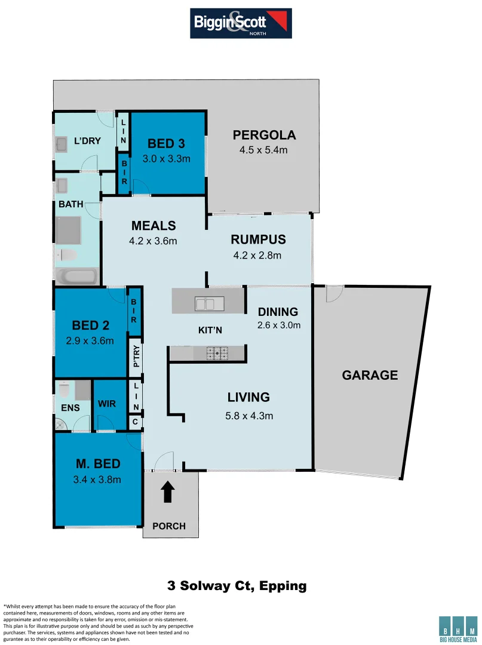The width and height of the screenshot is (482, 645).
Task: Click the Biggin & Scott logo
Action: (x=241, y=23)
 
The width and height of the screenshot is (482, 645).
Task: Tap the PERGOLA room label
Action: (x=264, y=135)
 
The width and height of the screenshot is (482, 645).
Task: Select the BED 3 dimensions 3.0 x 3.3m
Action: (x=166, y=159)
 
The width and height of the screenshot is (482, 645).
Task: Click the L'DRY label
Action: (x=87, y=141)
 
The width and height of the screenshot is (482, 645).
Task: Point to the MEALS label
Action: (x=153, y=226)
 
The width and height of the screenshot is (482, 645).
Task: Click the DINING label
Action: (x=278, y=312)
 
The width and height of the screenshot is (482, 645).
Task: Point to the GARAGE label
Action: (x=370, y=376)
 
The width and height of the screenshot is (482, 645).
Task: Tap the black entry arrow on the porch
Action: (x=168, y=492)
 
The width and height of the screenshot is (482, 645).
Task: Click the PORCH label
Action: (x=168, y=526)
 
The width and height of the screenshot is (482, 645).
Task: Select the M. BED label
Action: (x=98, y=464)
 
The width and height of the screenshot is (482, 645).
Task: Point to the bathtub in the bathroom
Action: (x=76, y=277)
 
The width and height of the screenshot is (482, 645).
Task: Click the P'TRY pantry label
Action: (x=136, y=357)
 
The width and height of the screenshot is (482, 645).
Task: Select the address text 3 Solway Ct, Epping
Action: (x=236, y=585)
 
